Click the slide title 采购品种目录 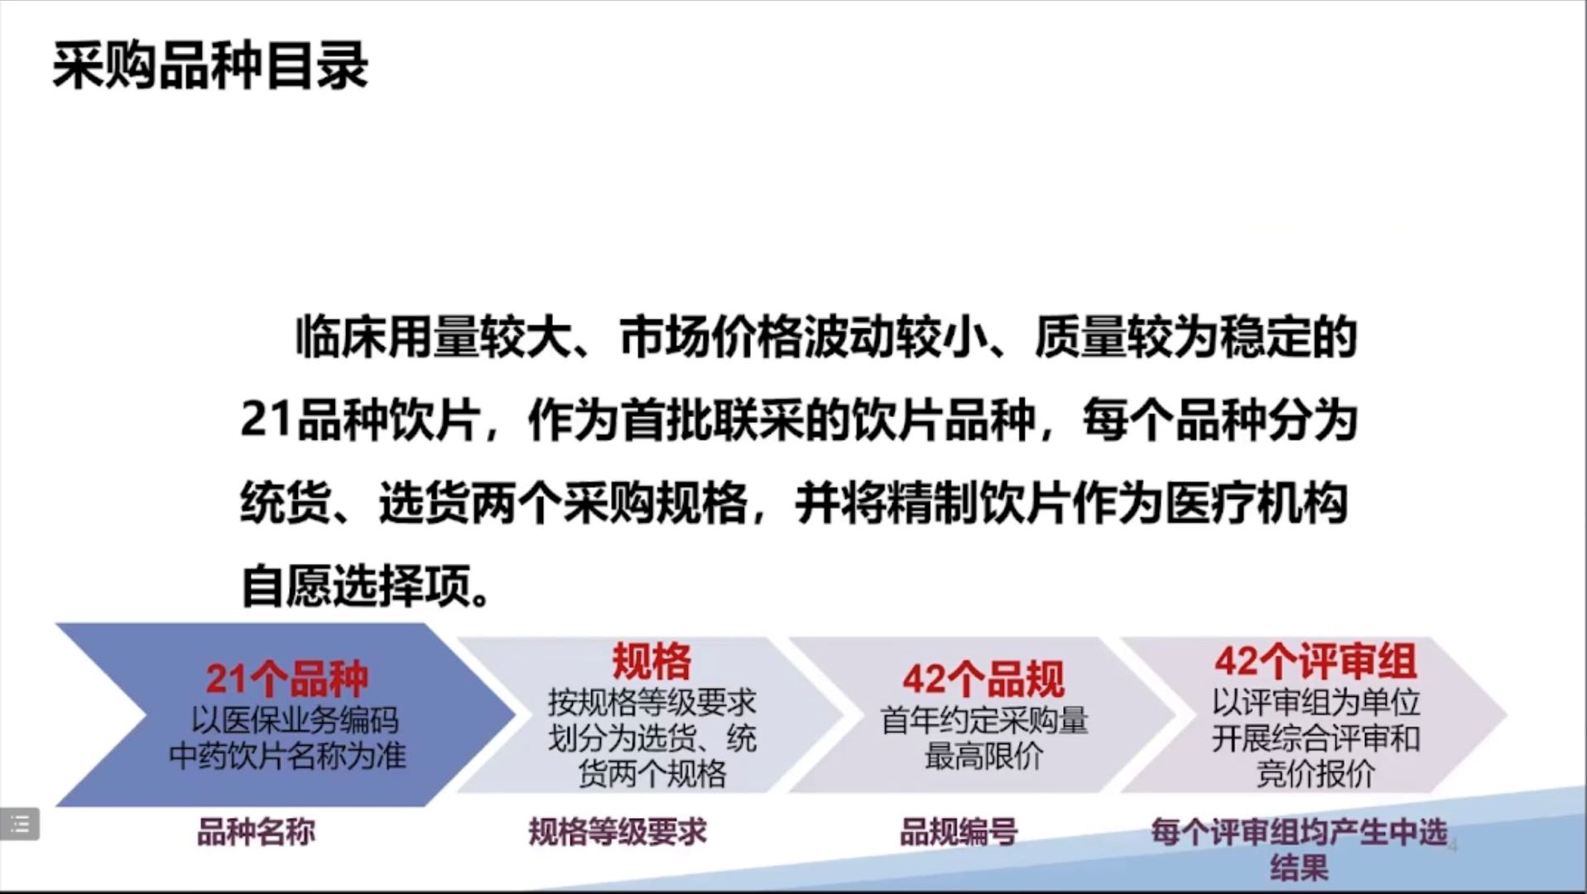coord(210,66)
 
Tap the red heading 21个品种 coord(287,679)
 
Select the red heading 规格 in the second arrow coord(652,661)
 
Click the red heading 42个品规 coord(983,679)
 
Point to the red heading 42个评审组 coord(1316,661)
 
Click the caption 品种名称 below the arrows coord(256,832)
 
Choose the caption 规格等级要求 coord(618,832)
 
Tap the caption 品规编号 coord(959,832)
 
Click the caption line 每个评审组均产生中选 coord(1299,832)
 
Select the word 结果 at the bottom coord(1299,868)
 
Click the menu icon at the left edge coord(19,824)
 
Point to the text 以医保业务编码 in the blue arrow coord(295,720)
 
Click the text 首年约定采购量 coord(983,720)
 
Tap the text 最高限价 coord(983,756)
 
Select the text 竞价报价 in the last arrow coord(1316,773)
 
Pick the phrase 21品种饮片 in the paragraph coord(360,420)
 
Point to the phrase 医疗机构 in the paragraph coord(1257,502)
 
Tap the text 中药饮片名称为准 coord(287,756)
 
